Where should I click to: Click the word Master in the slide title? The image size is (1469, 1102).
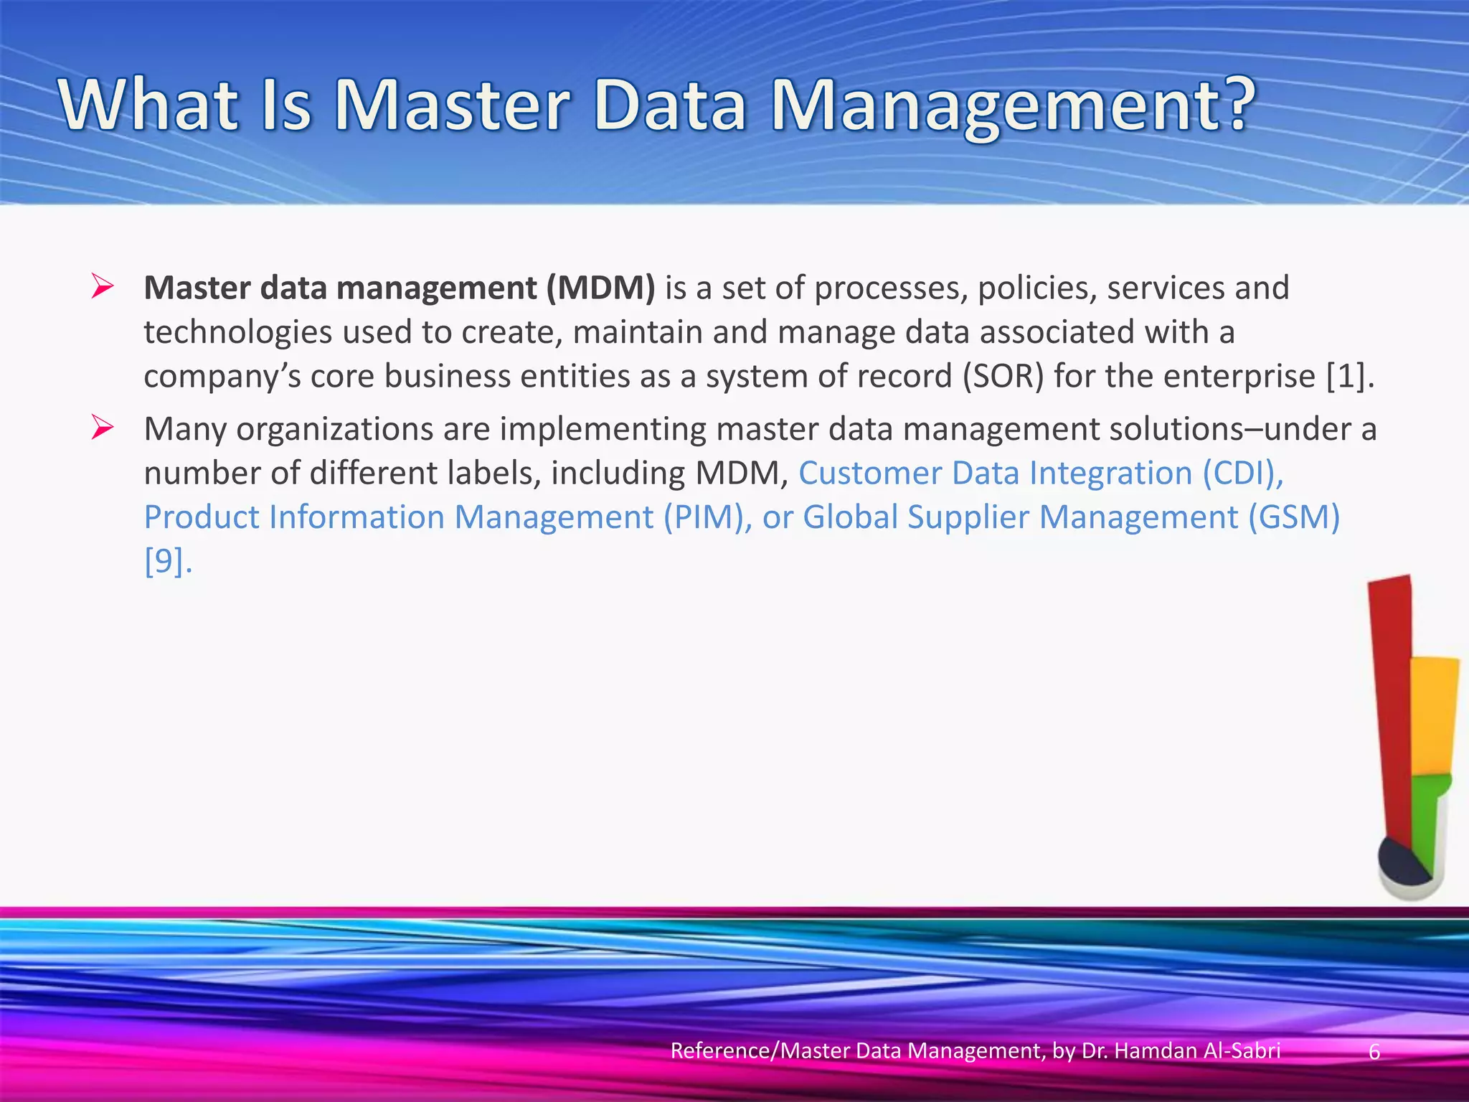coord(452,105)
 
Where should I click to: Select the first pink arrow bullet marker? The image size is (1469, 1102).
coord(103,287)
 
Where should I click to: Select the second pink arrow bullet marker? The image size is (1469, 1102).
coord(103,428)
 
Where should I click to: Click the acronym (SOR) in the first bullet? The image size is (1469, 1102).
coord(1003,377)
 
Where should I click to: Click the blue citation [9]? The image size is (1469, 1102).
coord(166,561)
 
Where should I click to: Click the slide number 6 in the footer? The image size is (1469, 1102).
coord(1374,1051)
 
